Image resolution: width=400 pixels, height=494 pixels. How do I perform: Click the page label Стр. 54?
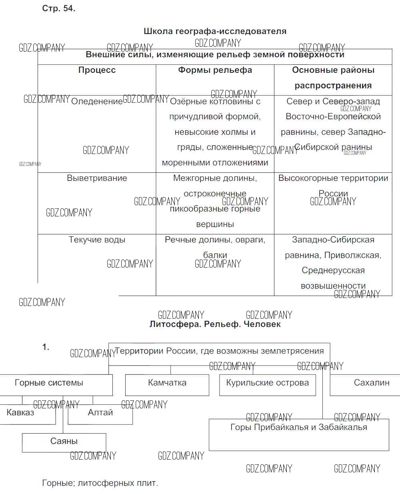pos(58,8)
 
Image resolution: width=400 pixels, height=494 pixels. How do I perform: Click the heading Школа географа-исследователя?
pos(215,31)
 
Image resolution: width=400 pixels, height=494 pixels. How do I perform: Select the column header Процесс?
pos(97,70)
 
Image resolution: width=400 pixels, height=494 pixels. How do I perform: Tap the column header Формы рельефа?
pos(215,70)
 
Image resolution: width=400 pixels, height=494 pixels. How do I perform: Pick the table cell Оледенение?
pos(97,102)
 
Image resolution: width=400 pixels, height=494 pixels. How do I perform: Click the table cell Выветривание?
pos(97,178)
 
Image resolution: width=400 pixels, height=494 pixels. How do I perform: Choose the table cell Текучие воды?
pos(97,240)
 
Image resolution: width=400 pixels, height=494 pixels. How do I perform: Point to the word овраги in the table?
pos(250,240)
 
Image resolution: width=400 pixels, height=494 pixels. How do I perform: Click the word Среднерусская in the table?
pos(333,271)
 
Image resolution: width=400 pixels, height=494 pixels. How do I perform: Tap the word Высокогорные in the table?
pos(303,178)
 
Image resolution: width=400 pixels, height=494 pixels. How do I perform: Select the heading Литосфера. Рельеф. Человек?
pos(215,324)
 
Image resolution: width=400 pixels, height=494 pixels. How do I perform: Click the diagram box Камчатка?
pos(167,383)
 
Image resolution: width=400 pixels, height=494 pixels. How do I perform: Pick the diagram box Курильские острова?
pos(267,383)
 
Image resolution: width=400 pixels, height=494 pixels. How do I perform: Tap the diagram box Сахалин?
pos(371,383)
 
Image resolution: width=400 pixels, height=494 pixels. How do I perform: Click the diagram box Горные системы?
pos(49,383)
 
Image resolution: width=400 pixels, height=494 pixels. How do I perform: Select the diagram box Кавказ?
pos(21,413)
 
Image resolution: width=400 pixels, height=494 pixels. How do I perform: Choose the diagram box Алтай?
pos(100,413)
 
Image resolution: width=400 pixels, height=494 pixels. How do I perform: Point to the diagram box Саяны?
pos(64,442)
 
